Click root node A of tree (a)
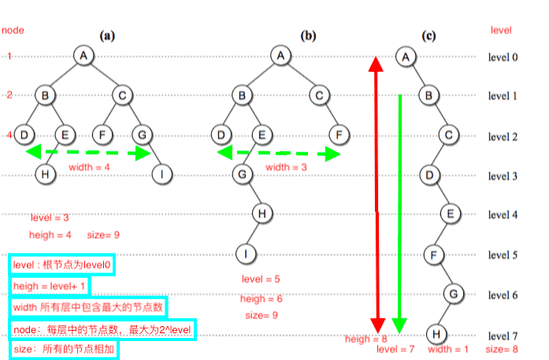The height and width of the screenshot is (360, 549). coord(84,55)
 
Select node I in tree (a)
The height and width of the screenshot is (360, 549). coord(162,173)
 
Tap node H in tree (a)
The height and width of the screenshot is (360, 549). coord(46,173)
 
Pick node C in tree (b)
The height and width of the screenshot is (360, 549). coord(318,95)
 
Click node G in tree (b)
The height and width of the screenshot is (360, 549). coord(243,173)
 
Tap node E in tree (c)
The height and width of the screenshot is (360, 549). coord(450,213)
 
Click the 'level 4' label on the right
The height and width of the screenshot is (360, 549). coord(502,215)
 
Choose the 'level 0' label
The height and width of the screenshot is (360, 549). coord(502,58)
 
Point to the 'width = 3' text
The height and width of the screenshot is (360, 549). coord(284,167)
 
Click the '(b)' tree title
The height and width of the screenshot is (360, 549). coord(309,35)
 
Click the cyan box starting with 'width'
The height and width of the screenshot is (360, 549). coord(89,306)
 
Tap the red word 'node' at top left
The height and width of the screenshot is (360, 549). coord(13,30)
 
